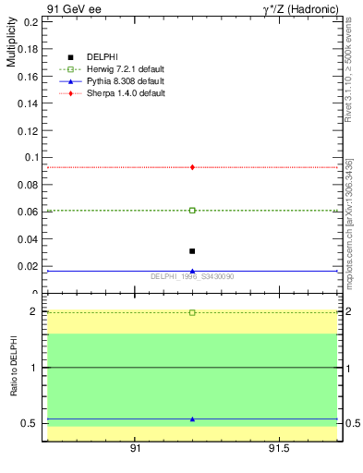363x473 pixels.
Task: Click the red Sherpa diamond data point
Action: [192, 167]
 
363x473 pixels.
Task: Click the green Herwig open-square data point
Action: [192, 211]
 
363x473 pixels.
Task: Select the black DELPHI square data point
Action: [192, 251]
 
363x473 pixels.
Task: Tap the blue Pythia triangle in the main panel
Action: [192, 271]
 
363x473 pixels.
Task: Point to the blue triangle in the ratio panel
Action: [192, 418]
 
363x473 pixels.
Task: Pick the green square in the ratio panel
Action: [192, 312]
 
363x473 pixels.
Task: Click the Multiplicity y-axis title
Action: [12, 42]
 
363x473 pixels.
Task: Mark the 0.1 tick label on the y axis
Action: [30, 157]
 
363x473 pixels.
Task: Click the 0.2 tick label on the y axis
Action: [30, 21]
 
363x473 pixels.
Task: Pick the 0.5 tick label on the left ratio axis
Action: [30, 423]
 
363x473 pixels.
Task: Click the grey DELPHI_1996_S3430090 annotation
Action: [192, 276]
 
